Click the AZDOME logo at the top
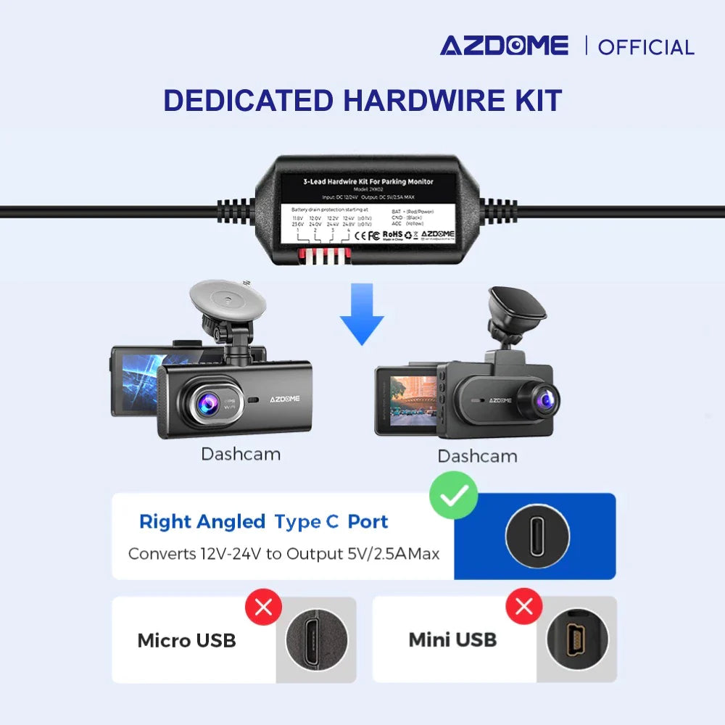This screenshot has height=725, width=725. pyautogui.click(x=504, y=46)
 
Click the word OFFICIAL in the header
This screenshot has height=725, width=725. pyautogui.click(x=646, y=48)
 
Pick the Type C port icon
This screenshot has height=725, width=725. pyautogui.click(x=537, y=537)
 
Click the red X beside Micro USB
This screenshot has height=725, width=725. pyautogui.click(x=263, y=607)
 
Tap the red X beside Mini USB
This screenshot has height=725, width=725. pyautogui.click(x=523, y=606)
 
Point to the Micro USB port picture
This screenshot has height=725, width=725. pyautogui.click(x=316, y=639)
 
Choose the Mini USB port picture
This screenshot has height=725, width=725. pyautogui.click(x=577, y=639)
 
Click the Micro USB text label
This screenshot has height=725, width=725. pyautogui.click(x=186, y=640)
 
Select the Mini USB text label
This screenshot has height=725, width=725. pyautogui.click(x=452, y=639)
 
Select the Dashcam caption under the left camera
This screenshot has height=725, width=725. pyautogui.click(x=241, y=455)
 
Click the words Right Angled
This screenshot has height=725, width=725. pyautogui.click(x=202, y=521)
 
